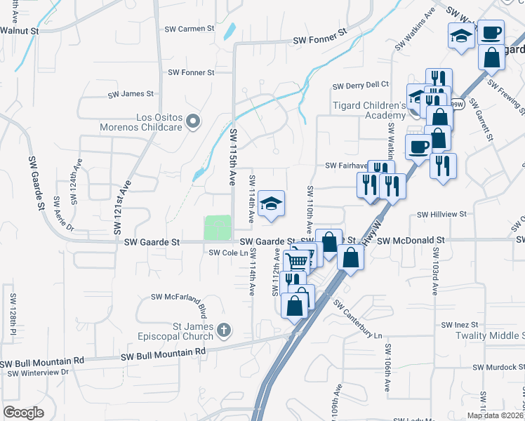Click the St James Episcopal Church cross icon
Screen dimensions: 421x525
tap(224, 330)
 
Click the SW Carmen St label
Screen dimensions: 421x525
tap(190, 29)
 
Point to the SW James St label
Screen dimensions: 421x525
tap(131, 93)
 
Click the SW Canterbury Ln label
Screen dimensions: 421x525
tap(361, 319)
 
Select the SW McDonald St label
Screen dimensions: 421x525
tap(411, 240)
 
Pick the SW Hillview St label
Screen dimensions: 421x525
tap(442, 215)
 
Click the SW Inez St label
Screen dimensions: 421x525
tap(460, 325)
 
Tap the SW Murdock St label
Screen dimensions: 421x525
tap(498, 367)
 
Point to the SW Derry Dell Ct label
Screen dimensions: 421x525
tap(361, 86)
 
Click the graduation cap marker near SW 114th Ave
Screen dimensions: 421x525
tap(271, 204)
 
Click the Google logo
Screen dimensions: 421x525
tap(23, 413)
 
